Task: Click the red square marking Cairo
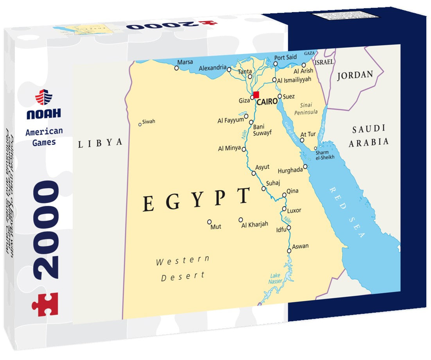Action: pos(256,95)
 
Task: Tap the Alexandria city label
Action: pos(212,68)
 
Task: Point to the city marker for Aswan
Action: pos(289,251)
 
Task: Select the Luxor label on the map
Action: pos(294,210)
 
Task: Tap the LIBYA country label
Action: pos(100,143)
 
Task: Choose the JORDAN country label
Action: pos(355,75)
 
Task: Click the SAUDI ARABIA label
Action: pos(368,135)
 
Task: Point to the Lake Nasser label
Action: pos(275,278)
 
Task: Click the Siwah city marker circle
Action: pos(140,124)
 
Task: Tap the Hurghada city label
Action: pos(290,170)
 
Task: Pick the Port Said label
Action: pos(286,58)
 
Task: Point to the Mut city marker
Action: pos(209,221)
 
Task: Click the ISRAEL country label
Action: pos(324,62)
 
